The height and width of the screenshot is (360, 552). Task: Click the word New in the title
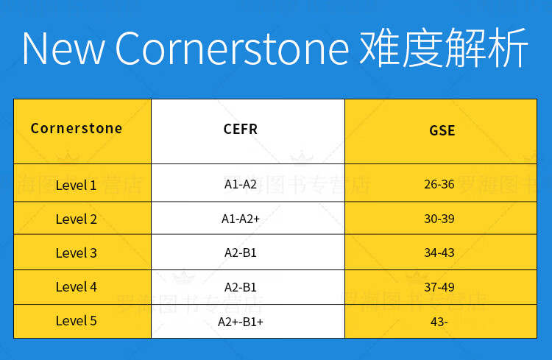pyautogui.click(x=63, y=49)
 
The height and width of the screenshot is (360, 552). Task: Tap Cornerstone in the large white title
pyautogui.click(x=233, y=49)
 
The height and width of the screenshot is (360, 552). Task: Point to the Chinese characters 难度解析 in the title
pyautogui.click(x=444, y=48)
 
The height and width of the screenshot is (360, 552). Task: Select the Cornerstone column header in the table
pyautogui.click(x=77, y=128)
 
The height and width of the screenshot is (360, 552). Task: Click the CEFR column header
pyautogui.click(x=241, y=130)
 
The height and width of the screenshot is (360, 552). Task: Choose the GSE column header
pyautogui.click(x=442, y=131)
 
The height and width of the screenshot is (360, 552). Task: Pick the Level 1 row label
pyautogui.click(x=76, y=186)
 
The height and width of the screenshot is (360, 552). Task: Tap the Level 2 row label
pyautogui.click(x=76, y=219)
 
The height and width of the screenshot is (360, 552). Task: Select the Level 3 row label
pyautogui.click(x=76, y=253)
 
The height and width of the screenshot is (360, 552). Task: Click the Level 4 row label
pyautogui.click(x=76, y=286)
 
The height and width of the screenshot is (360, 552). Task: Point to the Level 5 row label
pyautogui.click(x=76, y=320)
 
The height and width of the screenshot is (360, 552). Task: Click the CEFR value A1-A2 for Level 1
pyautogui.click(x=241, y=184)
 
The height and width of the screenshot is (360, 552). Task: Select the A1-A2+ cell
pyautogui.click(x=241, y=219)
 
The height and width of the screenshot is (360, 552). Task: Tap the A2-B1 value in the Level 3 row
pyautogui.click(x=241, y=253)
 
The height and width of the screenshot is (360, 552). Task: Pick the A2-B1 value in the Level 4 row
pyautogui.click(x=241, y=287)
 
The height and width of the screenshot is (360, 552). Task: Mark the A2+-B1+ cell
pyautogui.click(x=241, y=322)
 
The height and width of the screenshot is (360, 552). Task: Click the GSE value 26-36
pyautogui.click(x=439, y=184)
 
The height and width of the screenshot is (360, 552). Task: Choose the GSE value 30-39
pyautogui.click(x=439, y=219)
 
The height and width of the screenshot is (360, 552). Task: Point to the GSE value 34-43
pyautogui.click(x=439, y=253)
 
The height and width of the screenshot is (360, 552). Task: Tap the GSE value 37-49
pyautogui.click(x=439, y=287)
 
